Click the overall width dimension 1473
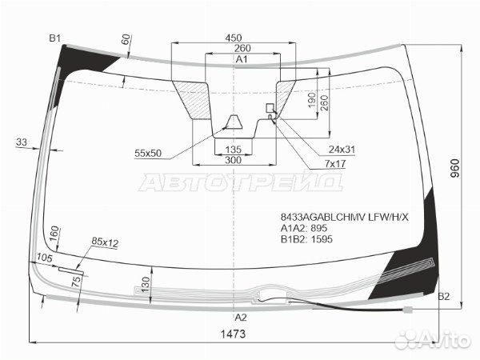233,334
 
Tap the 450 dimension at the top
234,38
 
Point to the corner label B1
55,38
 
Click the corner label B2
444,297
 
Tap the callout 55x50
148,153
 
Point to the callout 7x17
335,164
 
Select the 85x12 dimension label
105,242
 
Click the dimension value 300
233,161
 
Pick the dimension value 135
233,150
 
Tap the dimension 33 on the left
21,142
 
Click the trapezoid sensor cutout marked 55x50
235,122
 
